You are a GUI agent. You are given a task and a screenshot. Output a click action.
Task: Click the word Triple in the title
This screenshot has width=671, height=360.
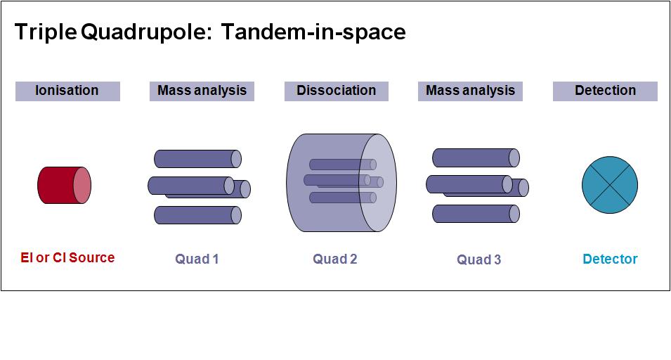coord(46,32)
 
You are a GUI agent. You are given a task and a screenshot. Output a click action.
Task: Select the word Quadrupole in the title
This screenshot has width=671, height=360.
coord(147,32)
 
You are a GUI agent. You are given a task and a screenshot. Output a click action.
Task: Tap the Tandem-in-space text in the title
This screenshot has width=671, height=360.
coord(313,32)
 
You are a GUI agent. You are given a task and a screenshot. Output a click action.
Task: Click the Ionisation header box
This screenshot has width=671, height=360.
coord(67,91)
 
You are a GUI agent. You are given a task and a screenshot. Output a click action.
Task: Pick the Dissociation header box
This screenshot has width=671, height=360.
coord(337,91)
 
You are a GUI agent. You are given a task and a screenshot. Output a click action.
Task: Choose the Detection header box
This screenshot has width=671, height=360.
coord(605,91)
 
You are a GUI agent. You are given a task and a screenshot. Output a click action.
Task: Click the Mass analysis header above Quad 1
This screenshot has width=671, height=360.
coord(202,91)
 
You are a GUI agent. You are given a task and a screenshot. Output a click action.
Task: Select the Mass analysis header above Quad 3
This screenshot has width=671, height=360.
coord(470,91)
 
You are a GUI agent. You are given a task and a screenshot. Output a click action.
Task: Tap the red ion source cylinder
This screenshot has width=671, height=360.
coord(64,186)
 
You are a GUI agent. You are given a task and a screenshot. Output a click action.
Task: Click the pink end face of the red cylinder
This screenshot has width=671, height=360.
coord(82,186)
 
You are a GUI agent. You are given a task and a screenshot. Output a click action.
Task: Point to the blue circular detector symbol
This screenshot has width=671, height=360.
coord(610,185)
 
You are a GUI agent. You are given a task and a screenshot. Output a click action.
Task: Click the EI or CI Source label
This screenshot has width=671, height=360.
coord(67,257)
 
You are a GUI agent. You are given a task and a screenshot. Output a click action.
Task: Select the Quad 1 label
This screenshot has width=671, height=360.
coord(197,259)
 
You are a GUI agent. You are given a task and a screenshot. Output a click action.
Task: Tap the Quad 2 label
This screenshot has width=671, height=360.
coord(335,259)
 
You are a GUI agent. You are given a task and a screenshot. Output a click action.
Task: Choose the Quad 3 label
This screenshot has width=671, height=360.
coord(479,259)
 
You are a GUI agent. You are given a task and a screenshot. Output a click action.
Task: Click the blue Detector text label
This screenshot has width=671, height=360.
coord(611,259)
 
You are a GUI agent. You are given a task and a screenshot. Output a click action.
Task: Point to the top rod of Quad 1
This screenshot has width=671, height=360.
coord(197,159)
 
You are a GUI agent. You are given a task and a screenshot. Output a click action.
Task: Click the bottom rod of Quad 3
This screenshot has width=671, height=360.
coord(476,214)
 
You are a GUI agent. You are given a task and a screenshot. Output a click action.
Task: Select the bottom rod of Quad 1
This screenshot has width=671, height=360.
coord(197,215)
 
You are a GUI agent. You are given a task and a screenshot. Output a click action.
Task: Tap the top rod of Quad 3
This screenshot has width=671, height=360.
coord(476,158)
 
